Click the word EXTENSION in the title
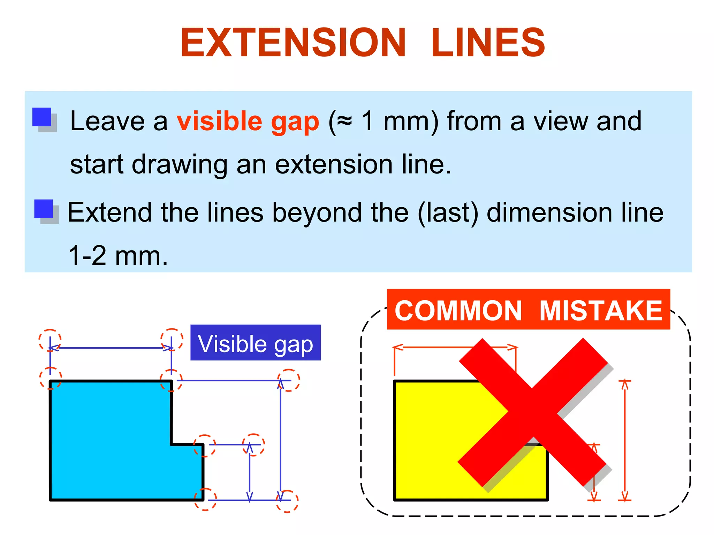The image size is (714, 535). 293,43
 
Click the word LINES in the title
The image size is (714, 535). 488,43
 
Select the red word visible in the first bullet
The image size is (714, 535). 219,121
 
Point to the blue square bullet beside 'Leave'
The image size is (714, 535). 42,117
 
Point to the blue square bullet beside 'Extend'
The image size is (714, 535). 44,209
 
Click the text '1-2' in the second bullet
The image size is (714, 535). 87,256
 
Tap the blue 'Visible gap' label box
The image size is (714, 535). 255,342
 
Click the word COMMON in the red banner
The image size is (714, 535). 458,311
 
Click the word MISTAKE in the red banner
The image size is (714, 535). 600,311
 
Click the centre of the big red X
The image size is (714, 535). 533,413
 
